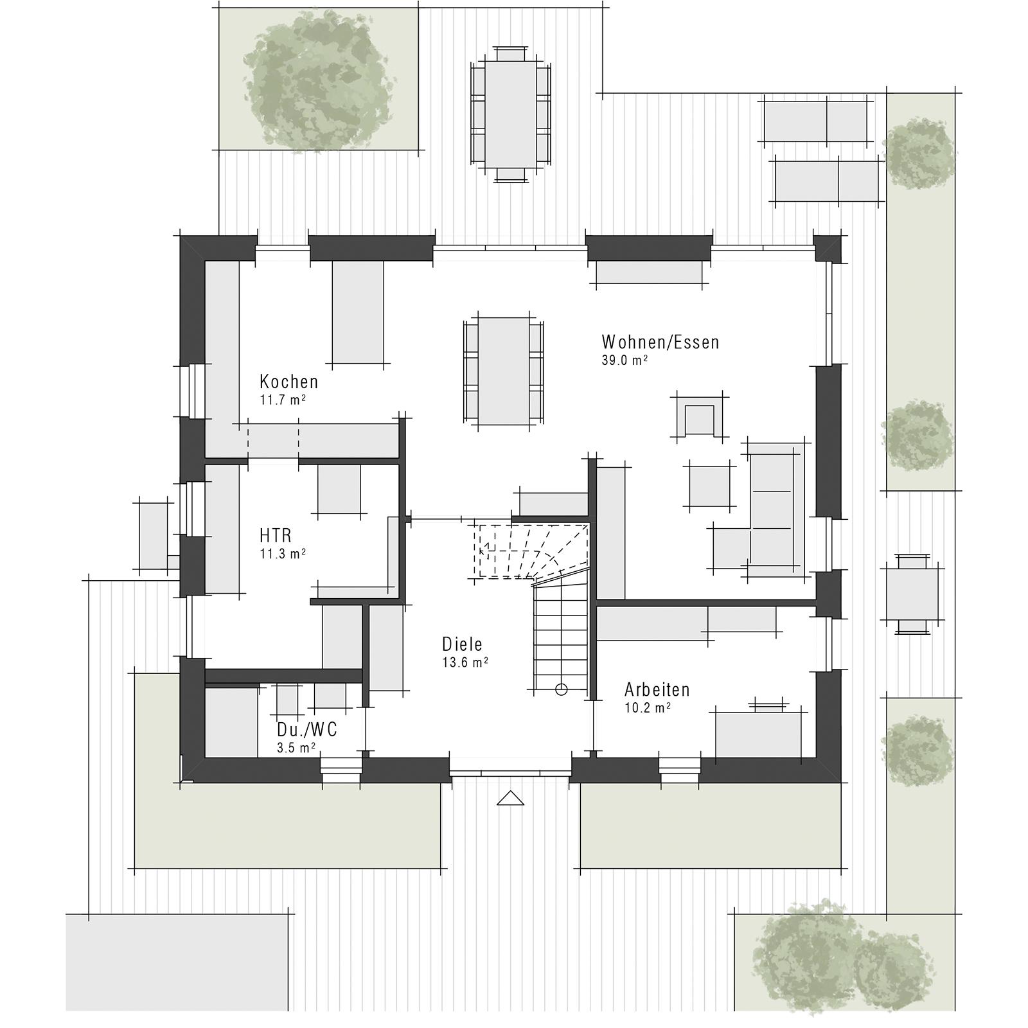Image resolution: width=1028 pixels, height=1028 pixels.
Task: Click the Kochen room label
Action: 288,382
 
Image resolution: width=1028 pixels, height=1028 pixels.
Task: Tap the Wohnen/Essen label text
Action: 660,342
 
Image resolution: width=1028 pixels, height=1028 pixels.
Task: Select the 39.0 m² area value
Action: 624,360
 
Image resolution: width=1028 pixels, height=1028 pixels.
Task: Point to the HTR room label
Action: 276,535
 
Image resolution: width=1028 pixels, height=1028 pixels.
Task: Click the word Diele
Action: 462,644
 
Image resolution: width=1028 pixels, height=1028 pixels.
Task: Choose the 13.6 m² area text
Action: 465,662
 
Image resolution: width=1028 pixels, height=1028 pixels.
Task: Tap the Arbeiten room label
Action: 657,690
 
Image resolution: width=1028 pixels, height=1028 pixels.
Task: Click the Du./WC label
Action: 306,730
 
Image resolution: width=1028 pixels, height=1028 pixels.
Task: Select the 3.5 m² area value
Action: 296,747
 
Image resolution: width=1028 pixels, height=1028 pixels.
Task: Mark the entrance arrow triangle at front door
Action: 510,798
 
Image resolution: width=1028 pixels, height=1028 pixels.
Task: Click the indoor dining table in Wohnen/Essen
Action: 503,371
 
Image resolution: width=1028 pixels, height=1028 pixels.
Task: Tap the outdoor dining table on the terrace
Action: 511,113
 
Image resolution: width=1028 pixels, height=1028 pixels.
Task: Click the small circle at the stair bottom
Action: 561,690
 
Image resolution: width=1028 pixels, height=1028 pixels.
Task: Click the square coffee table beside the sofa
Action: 709,486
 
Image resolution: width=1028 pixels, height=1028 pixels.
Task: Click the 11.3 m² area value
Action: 282,553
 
